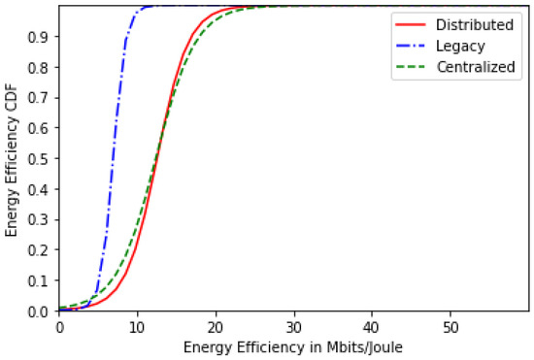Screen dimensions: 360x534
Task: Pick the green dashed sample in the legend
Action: click(x=405, y=69)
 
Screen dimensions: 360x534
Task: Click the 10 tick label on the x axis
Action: click(x=137, y=326)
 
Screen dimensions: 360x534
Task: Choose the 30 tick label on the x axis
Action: click(x=293, y=326)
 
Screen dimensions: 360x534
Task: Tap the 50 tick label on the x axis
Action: click(x=450, y=326)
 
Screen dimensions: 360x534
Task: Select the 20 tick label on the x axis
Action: click(x=216, y=326)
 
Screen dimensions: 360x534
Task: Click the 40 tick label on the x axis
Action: click(x=372, y=326)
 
